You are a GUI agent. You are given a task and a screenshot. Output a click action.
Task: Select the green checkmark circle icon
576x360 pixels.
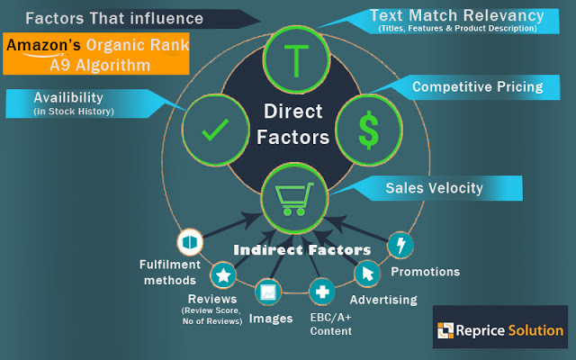point(214,130)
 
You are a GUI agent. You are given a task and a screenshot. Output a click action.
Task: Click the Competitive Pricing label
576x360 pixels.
point(477,87)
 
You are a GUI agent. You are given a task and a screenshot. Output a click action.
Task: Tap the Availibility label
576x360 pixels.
point(70,97)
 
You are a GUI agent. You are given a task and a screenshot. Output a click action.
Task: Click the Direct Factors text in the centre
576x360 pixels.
point(293,126)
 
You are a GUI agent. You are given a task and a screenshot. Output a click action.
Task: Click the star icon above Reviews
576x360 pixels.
point(223,275)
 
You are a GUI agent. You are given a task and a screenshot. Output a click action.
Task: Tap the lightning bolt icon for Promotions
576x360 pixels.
point(400,245)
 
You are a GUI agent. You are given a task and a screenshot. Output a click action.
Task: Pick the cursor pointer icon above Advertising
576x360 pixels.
point(366,273)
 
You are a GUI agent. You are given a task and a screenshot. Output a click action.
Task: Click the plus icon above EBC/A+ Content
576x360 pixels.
point(322,292)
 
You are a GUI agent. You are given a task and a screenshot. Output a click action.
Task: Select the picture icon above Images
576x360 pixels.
point(268,292)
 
